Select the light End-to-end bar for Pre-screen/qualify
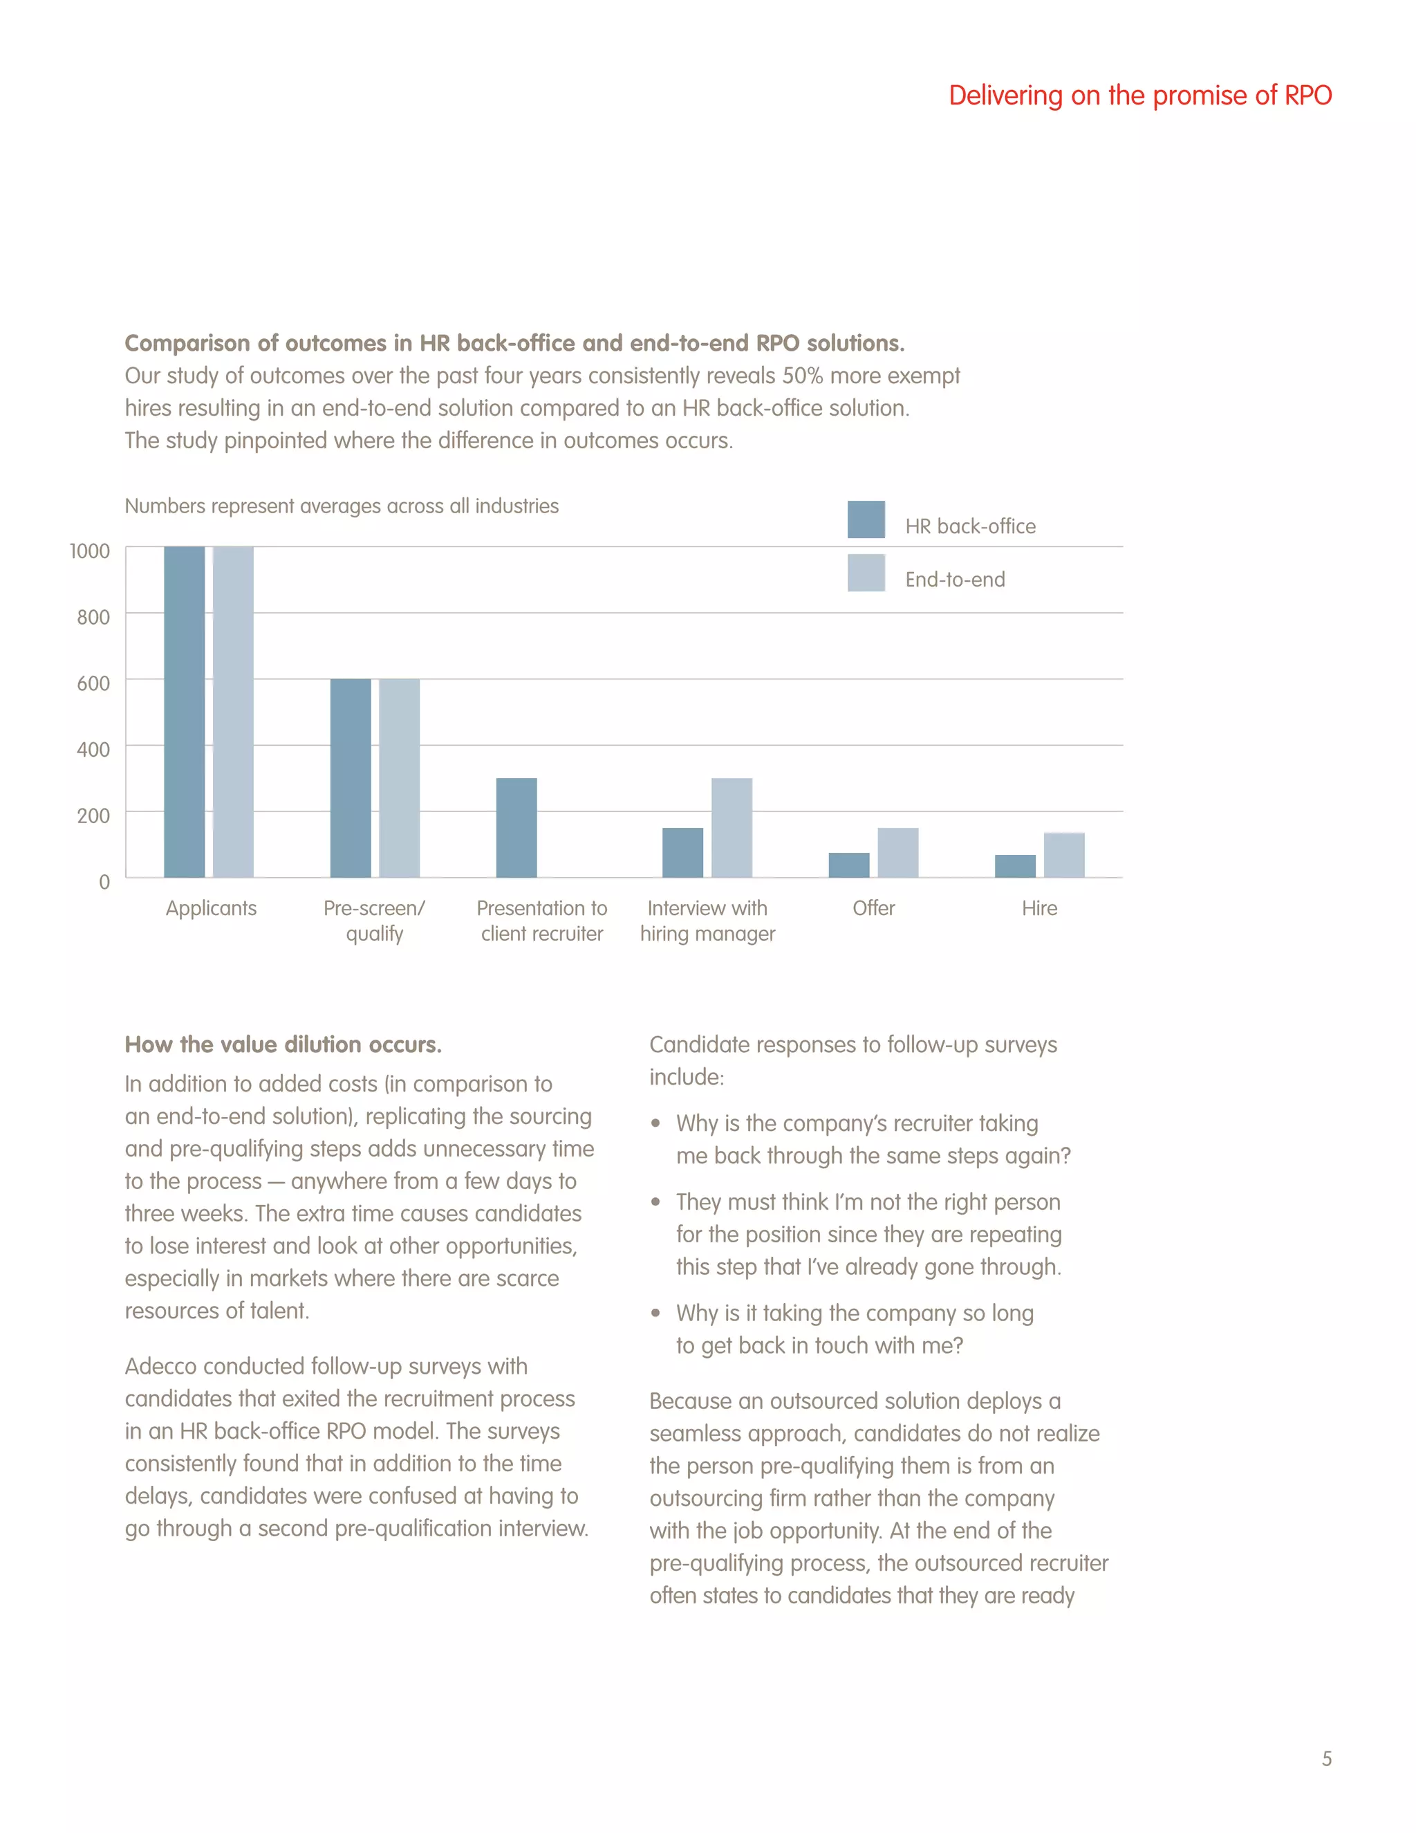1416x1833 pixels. [x=400, y=778]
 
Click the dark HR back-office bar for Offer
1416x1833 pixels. [x=849, y=865]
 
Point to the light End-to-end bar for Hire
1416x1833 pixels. [x=1063, y=855]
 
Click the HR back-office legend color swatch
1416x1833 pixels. [x=866, y=519]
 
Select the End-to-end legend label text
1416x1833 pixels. [x=955, y=580]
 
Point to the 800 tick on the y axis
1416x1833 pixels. [x=93, y=618]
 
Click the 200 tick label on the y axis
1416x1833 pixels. [x=93, y=816]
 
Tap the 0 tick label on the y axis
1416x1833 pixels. [x=104, y=882]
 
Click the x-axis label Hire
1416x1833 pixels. [x=1039, y=908]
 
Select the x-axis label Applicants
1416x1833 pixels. [x=211, y=908]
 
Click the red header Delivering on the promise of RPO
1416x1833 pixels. [x=1139, y=95]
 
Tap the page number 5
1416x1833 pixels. [x=1326, y=1758]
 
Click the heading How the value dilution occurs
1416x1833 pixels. [x=283, y=1045]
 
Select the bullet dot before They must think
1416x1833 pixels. [x=655, y=1202]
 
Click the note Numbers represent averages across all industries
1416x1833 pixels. [x=342, y=506]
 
